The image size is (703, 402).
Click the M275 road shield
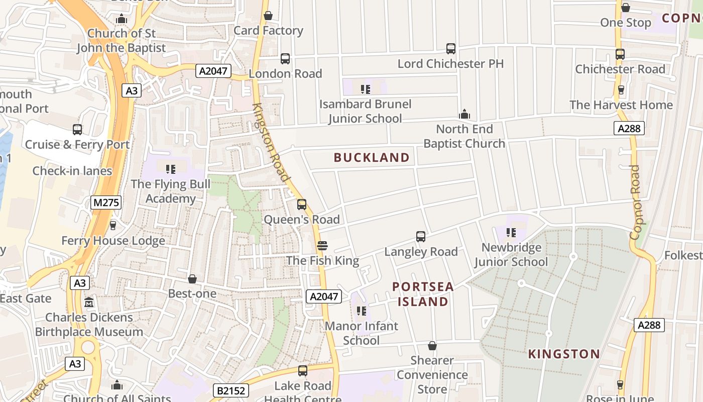pos(106,203)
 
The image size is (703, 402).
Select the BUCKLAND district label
pos(372,158)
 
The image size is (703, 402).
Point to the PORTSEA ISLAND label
pos(423,294)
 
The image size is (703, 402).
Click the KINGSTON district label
pos(564,354)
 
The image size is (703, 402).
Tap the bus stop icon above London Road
pos(285,59)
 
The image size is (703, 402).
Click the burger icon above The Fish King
pos(322,246)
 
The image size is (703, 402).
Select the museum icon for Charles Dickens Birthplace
pos(89,303)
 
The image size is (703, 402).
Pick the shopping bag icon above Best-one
pos(192,279)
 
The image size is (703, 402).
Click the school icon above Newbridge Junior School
pos(511,233)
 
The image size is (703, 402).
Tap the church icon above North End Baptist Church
pos(464,114)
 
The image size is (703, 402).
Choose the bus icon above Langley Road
pos(421,237)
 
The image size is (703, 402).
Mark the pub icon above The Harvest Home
pos(621,90)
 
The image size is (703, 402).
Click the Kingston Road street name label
pos(271,143)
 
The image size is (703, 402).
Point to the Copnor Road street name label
pos(635,202)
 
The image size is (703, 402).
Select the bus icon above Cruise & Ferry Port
pos(77,130)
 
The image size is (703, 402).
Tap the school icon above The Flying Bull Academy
pos(170,169)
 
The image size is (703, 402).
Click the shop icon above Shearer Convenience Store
pos(432,346)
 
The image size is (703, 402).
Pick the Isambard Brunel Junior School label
pos(366,111)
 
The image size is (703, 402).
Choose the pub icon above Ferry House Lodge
pos(113,226)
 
